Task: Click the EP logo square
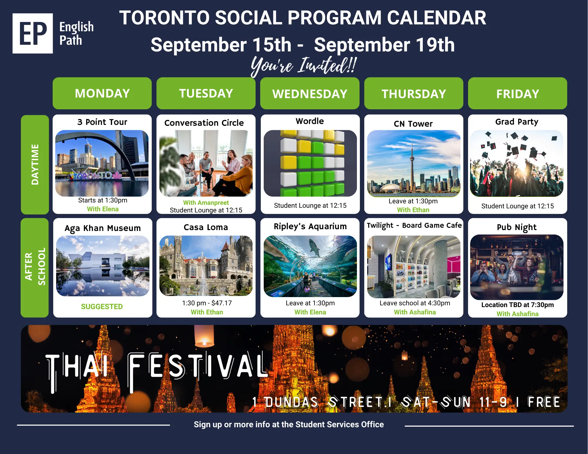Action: click(33, 33)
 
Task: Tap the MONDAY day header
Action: click(102, 93)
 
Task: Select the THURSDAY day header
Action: click(414, 93)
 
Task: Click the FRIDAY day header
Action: click(517, 93)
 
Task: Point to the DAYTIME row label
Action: click(35, 165)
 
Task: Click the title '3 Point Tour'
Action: click(102, 122)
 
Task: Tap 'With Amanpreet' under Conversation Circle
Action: click(206, 202)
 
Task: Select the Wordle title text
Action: click(310, 121)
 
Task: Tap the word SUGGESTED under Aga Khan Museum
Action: click(102, 306)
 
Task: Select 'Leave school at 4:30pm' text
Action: click(415, 303)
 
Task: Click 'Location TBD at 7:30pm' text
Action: click(517, 305)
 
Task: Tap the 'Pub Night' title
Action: click(517, 227)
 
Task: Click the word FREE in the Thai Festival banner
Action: click(544, 402)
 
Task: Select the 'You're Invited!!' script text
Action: click(304, 65)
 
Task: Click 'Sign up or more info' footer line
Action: click(289, 424)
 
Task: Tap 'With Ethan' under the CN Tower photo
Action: click(413, 210)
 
